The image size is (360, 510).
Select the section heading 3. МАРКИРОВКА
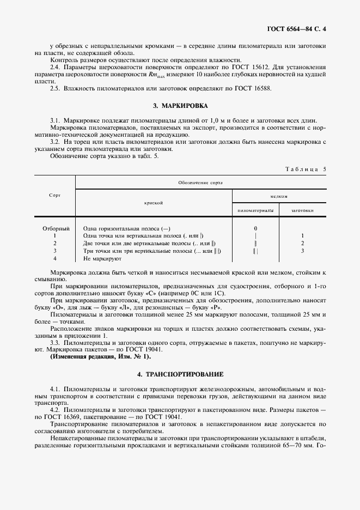(180, 105)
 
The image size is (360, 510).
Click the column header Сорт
(54, 195)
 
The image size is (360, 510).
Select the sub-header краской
(154, 202)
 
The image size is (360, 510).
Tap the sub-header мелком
(278, 196)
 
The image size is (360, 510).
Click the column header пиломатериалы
(255, 210)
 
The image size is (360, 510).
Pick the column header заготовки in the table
(302, 210)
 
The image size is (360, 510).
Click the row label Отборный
(56, 228)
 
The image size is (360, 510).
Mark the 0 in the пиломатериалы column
(255, 228)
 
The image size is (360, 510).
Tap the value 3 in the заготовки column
(302, 251)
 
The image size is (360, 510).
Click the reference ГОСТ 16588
(252, 88)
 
